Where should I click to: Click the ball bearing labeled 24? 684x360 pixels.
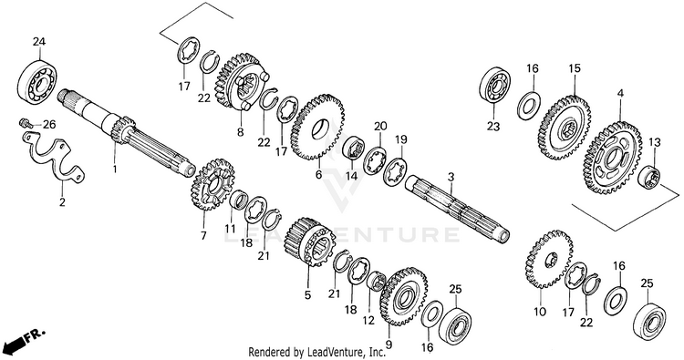click(x=37, y=81)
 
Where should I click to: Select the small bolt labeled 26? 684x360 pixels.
click(x=25, y=123)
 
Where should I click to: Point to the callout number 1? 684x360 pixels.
click(x=115, y=169)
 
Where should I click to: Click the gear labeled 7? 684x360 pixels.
click(x=212, y=184)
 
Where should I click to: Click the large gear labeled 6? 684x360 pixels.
click(x=317, y=127)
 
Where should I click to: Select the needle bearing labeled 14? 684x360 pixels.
click(x=353, y=149)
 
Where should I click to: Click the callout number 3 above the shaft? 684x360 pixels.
click(x=451, y=177)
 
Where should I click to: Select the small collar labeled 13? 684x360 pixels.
click(x=649, y=177)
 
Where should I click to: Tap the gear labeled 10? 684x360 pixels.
click(x=549, y=259)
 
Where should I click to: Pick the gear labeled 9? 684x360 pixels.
click(x=403, y=296)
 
